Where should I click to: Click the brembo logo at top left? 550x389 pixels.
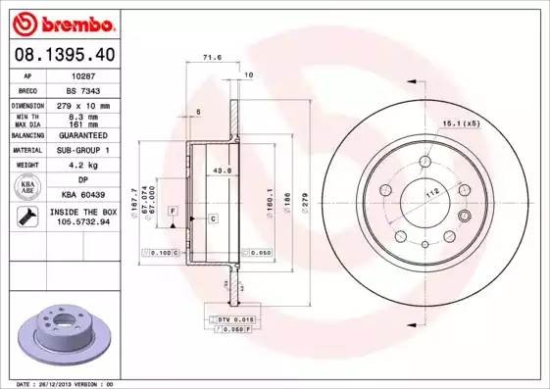[63, 22]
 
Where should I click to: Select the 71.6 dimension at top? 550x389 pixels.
[211, 59]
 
